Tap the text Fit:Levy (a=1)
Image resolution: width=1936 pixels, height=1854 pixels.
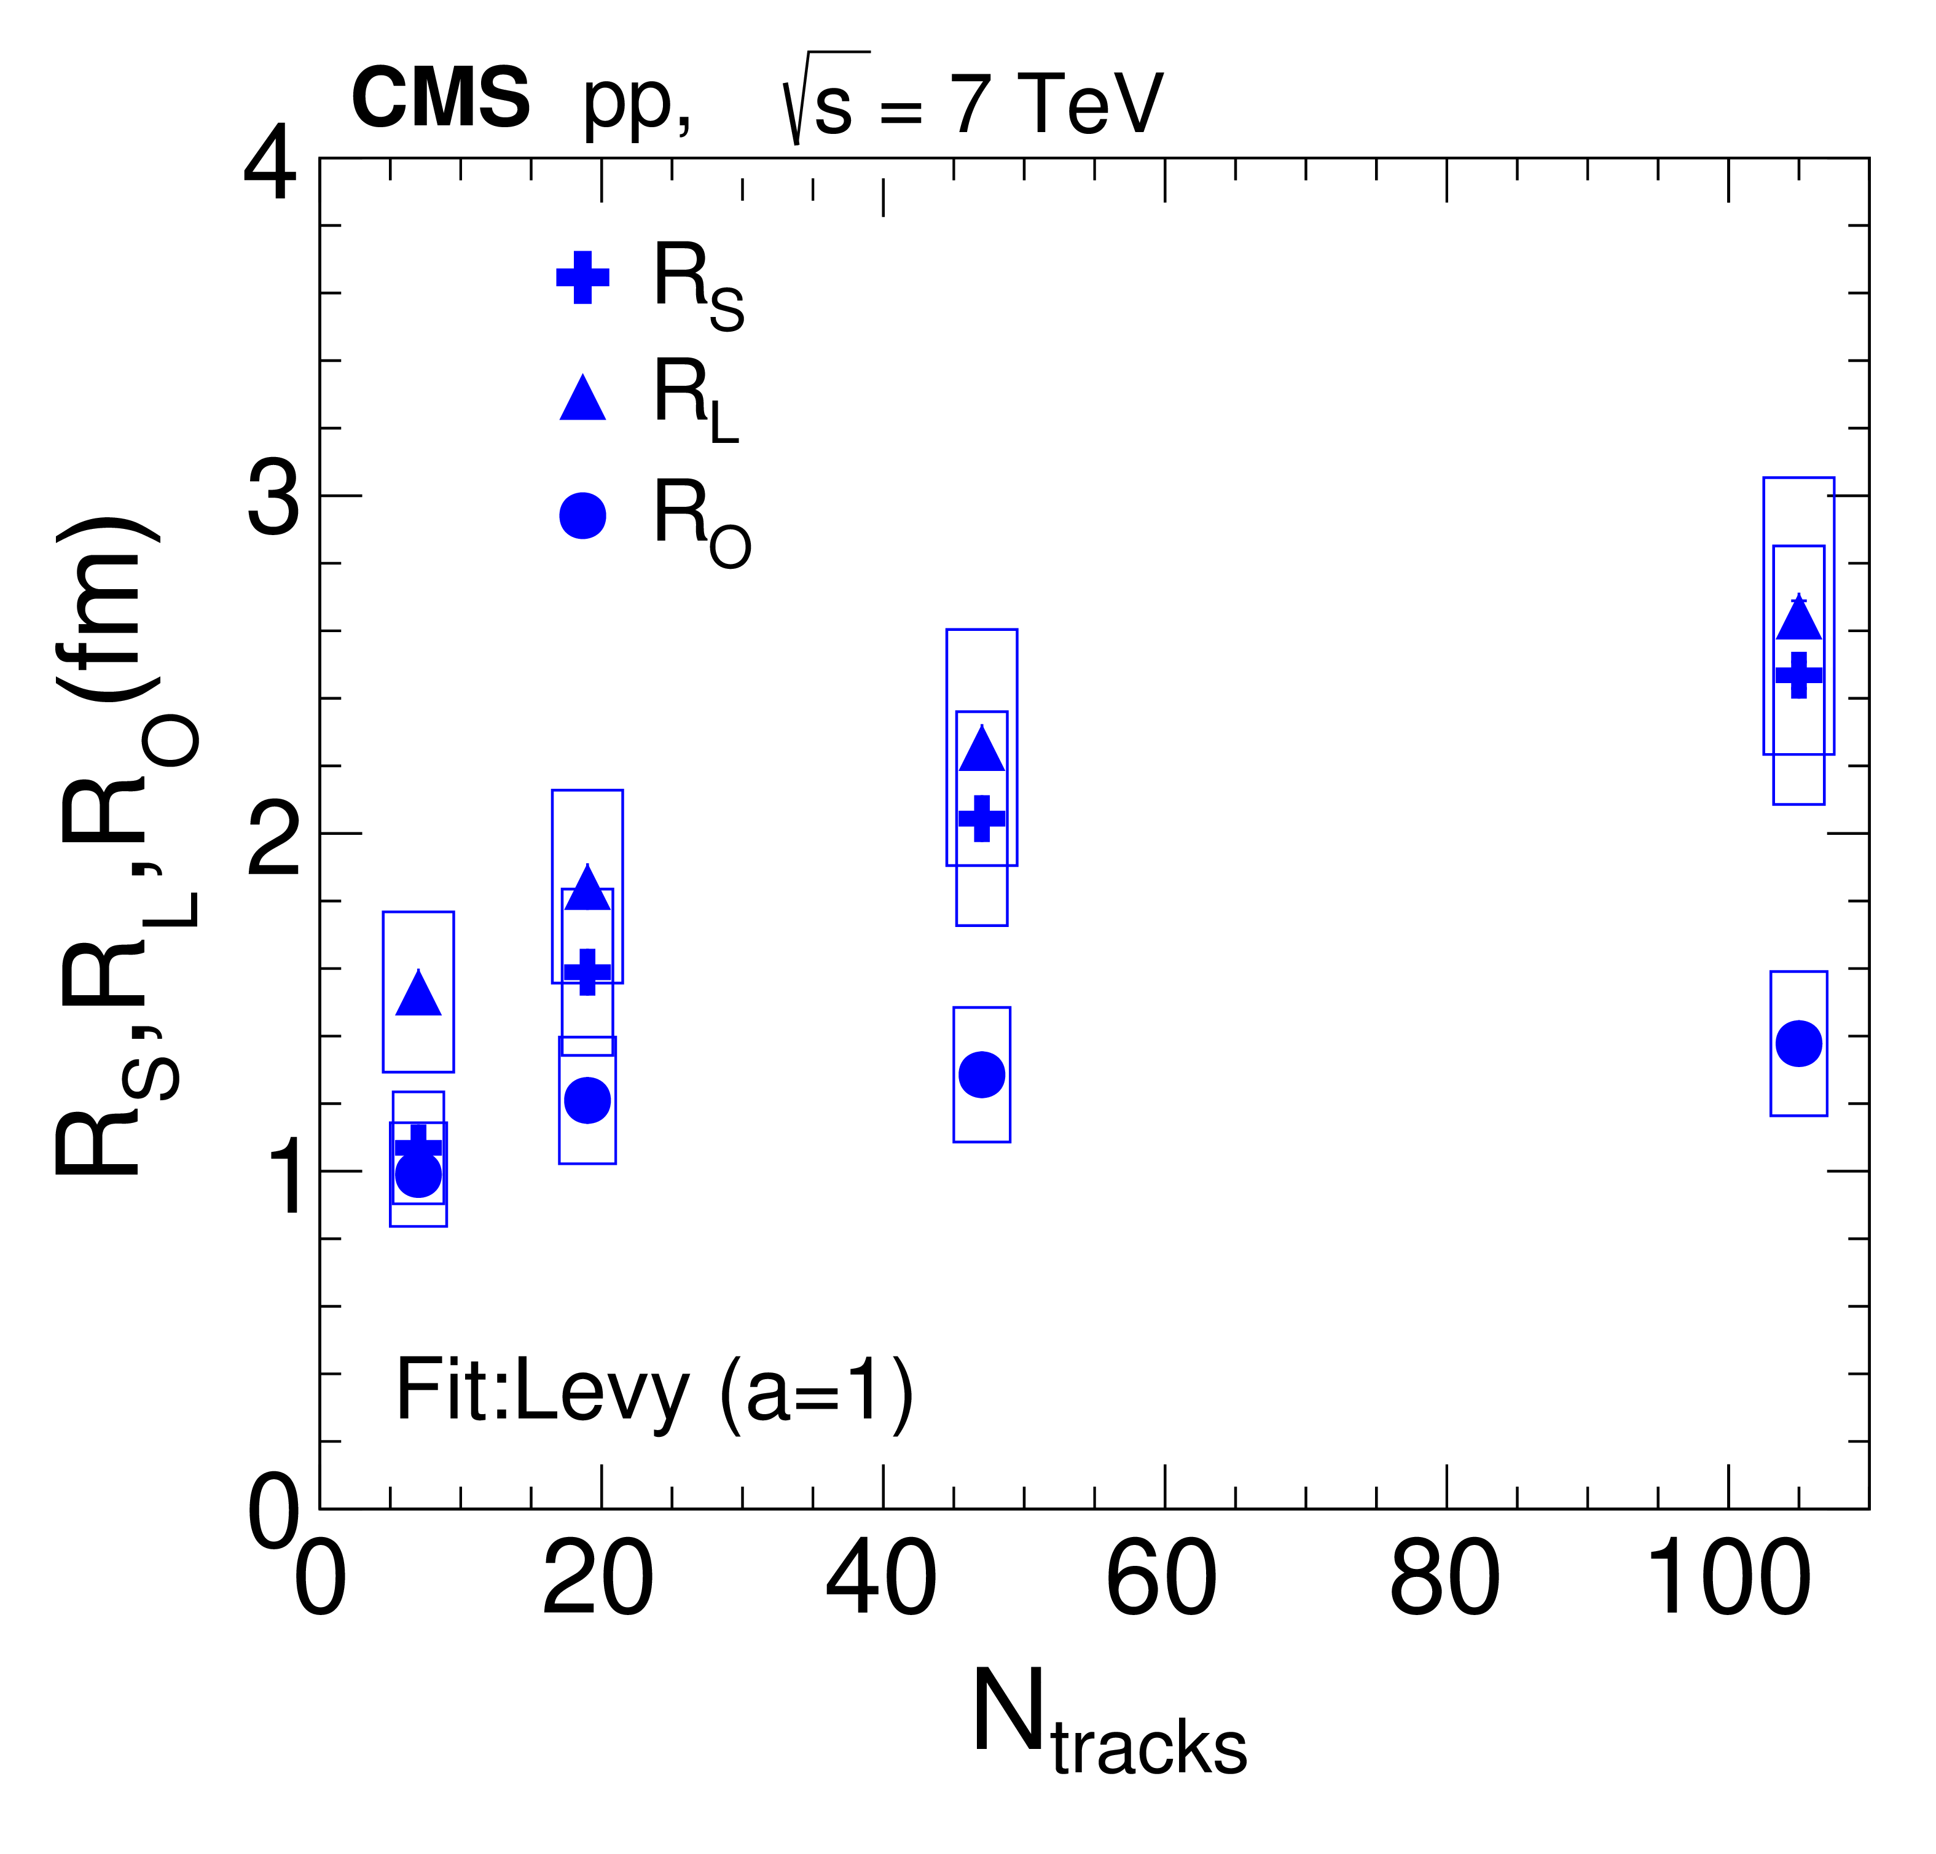654,1392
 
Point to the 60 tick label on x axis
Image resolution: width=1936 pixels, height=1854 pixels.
1162,1581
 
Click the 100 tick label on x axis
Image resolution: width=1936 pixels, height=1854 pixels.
1728,1581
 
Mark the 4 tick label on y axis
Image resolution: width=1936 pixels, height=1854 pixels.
270,166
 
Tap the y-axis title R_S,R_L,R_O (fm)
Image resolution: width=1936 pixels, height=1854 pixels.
123,845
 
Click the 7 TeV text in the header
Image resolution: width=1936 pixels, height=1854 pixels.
1056,104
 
